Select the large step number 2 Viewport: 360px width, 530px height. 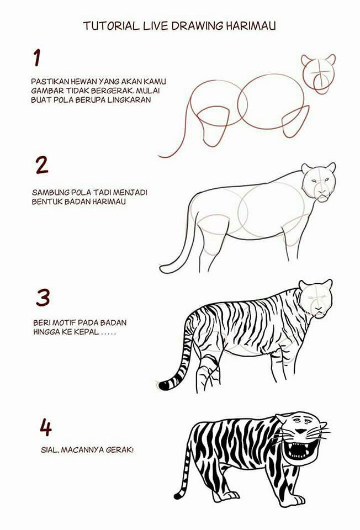[x=41, y=165]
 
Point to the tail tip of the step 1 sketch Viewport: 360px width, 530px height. [x=161, y=156]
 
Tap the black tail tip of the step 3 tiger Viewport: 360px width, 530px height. [x=162, y=385]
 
